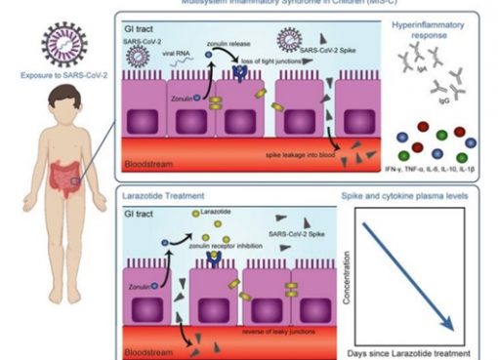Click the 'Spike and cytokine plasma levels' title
(414, 195)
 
